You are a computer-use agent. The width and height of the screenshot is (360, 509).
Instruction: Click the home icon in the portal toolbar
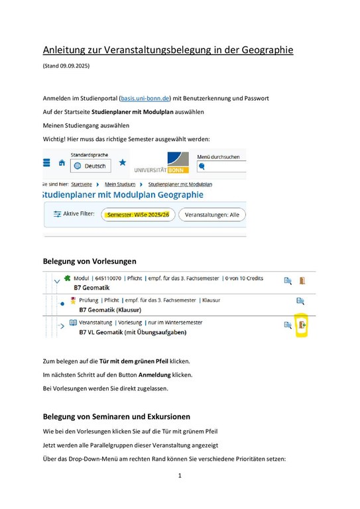[62, 163]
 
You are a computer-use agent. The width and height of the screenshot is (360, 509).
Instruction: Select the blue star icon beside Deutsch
[123, 163]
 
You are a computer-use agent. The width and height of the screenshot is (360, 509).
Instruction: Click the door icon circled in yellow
[302, 325]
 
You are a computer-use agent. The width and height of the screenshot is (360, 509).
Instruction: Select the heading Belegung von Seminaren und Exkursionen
[116, 416]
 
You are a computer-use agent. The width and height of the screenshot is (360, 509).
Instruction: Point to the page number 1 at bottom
[180, 475]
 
